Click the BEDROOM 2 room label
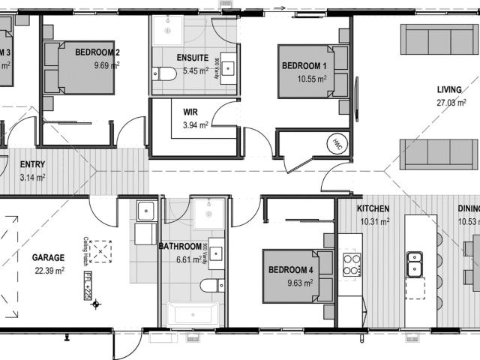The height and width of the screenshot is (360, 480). coord(97,52)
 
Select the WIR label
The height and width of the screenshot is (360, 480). coord(190,112)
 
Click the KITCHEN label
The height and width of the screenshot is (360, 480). coord(373,208)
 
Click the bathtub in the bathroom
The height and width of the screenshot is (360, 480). coord(192,312)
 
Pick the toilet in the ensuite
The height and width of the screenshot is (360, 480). coord(164,73)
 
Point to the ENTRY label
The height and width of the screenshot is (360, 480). coord(32,164)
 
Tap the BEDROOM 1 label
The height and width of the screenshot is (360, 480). coord(304,66)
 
